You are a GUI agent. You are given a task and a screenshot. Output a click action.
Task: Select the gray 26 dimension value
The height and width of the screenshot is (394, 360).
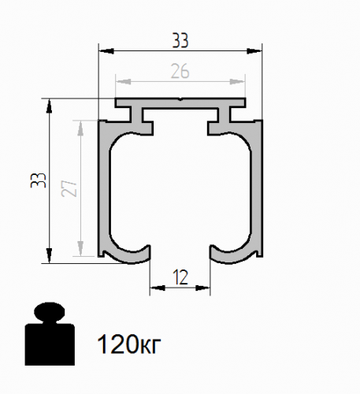coord(180,70)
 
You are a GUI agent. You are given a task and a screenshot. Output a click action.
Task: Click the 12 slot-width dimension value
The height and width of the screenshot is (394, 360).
coord(180,277)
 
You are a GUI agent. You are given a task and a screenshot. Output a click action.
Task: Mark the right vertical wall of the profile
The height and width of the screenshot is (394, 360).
coord(257,189)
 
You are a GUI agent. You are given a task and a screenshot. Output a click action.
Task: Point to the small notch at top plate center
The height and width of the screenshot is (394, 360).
coord(180,101)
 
